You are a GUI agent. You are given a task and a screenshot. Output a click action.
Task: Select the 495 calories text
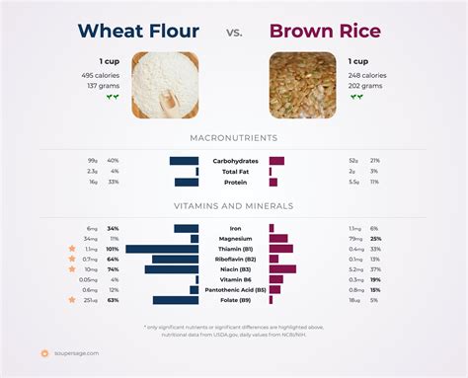(x=101, y=75)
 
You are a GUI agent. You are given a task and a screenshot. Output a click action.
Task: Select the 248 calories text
(x=367, y=75)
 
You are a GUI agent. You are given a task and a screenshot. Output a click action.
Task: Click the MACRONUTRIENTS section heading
(x=233, y=137)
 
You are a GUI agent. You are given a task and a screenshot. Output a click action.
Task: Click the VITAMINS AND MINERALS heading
(x=233, y=206)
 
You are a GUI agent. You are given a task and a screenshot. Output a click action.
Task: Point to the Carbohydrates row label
(x=233, y=160)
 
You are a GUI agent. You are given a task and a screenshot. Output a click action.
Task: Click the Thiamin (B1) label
(x=233, y=249)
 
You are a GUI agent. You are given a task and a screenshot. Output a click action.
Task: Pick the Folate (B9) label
(x=233, y=300)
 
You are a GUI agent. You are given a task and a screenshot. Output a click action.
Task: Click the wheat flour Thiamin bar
(x=162, y=249)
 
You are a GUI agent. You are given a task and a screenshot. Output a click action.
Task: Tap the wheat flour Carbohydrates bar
(x=184, y=160)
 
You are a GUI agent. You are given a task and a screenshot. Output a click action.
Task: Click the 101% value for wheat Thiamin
(x=114, y=249)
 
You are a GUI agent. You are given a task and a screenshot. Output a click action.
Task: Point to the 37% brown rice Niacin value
(x=375, y=269)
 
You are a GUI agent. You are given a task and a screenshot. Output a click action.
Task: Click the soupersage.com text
(x=76, y=352)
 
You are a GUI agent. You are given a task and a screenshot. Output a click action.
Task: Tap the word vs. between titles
(x=233, y=33)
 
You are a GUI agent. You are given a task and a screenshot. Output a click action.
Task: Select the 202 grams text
(x=364, y=86)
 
